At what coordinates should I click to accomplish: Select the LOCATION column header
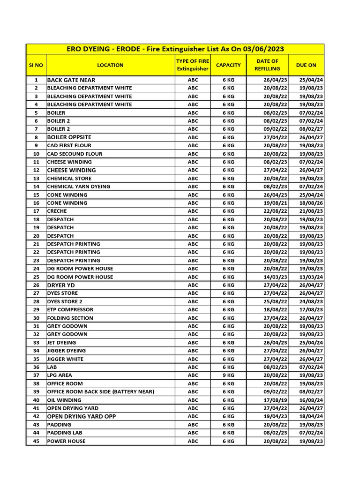[x=110, y=65]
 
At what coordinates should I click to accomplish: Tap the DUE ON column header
[x=306, y=65]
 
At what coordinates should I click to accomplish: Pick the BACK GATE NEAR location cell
[x=71, y=80]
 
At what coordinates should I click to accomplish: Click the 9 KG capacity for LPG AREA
[x=228, y=375]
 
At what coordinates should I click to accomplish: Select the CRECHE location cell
[x=57, y=211]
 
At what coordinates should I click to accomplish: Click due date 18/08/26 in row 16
[x=311, y=203]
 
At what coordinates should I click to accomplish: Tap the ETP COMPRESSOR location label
[x=70, y=310]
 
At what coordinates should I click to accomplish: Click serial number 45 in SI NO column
[x=36, y=441]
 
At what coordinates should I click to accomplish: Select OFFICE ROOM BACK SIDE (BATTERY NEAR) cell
[x=100, y=392]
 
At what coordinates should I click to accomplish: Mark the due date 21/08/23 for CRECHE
[x=311, y=211]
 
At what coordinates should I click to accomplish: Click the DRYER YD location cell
[x=60, y=285]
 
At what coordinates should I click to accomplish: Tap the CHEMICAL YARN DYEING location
[x=78, y=187]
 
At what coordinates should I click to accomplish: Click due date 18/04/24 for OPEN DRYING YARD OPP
[x=311, y=416]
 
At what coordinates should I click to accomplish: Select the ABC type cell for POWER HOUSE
[x=193, y=441]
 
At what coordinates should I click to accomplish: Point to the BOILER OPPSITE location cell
[x=69, y=137]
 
